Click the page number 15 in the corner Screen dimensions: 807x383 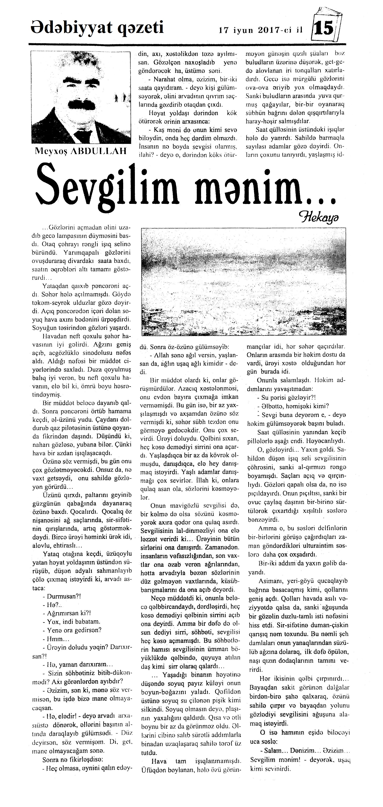[325, 29]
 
